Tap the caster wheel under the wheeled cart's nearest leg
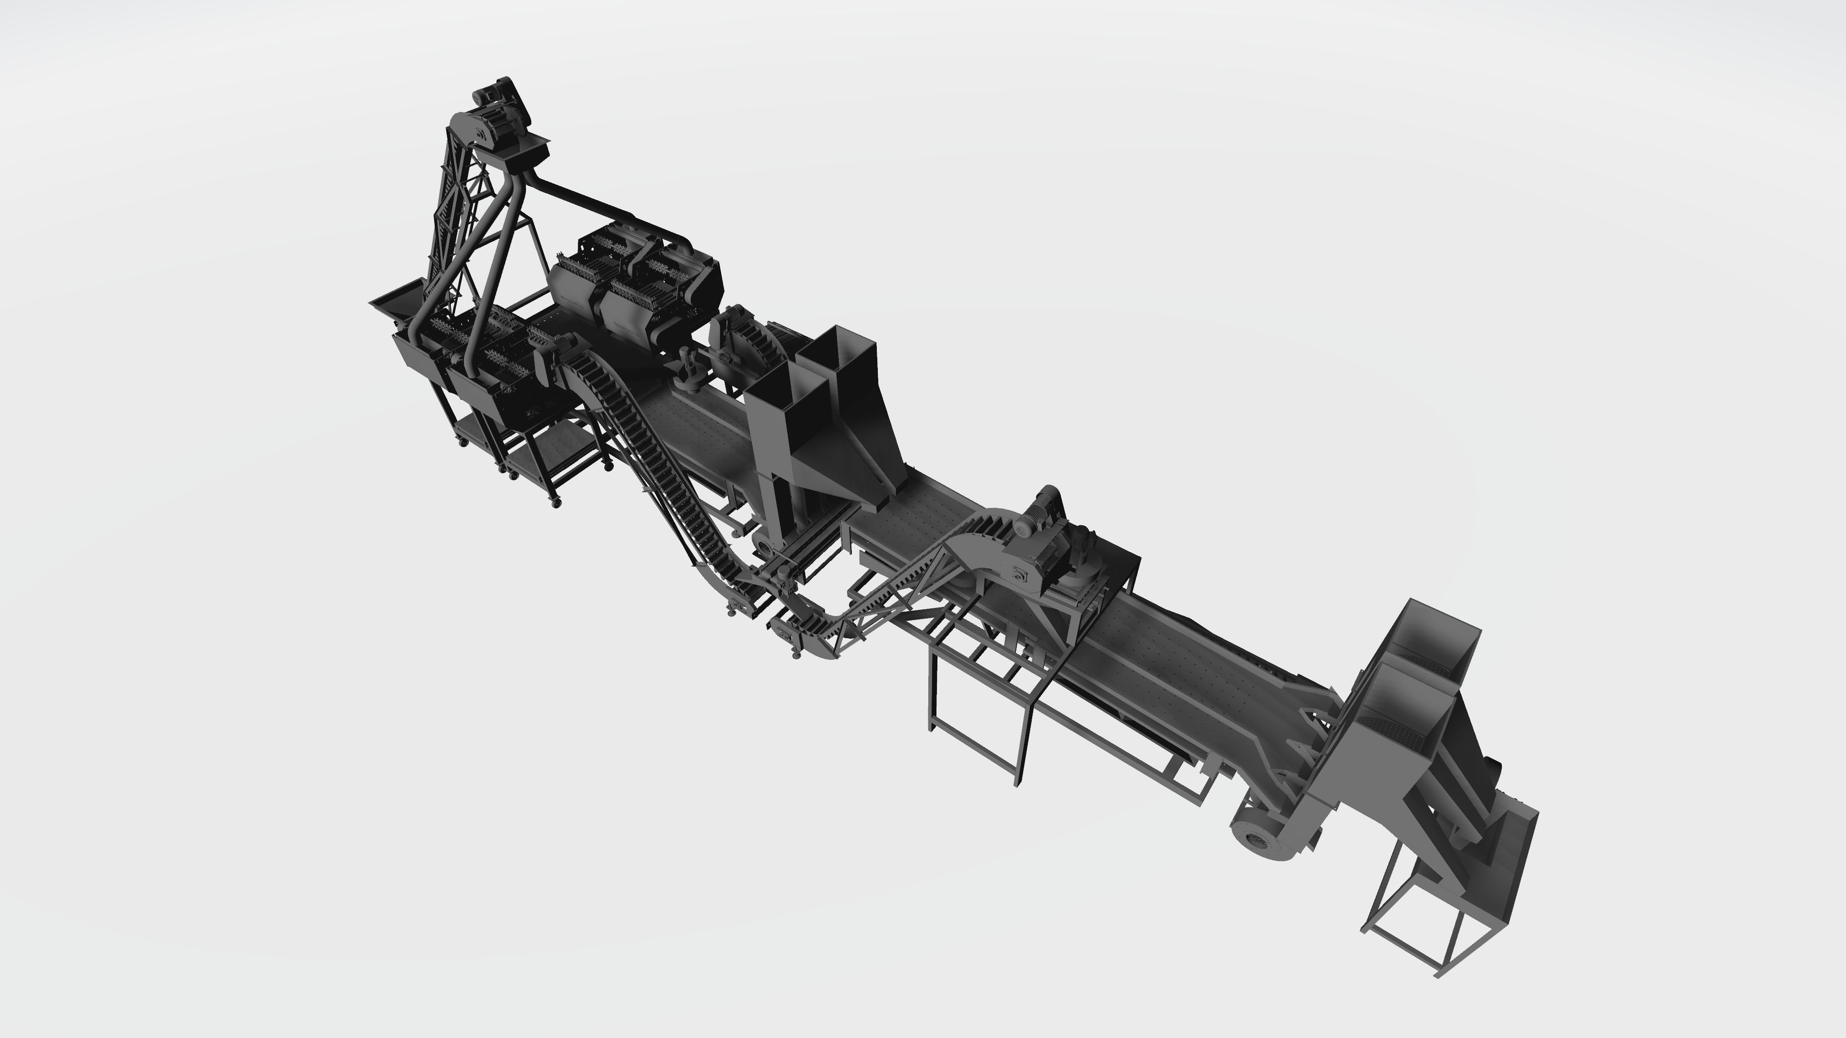556,504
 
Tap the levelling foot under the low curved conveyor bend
796,654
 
